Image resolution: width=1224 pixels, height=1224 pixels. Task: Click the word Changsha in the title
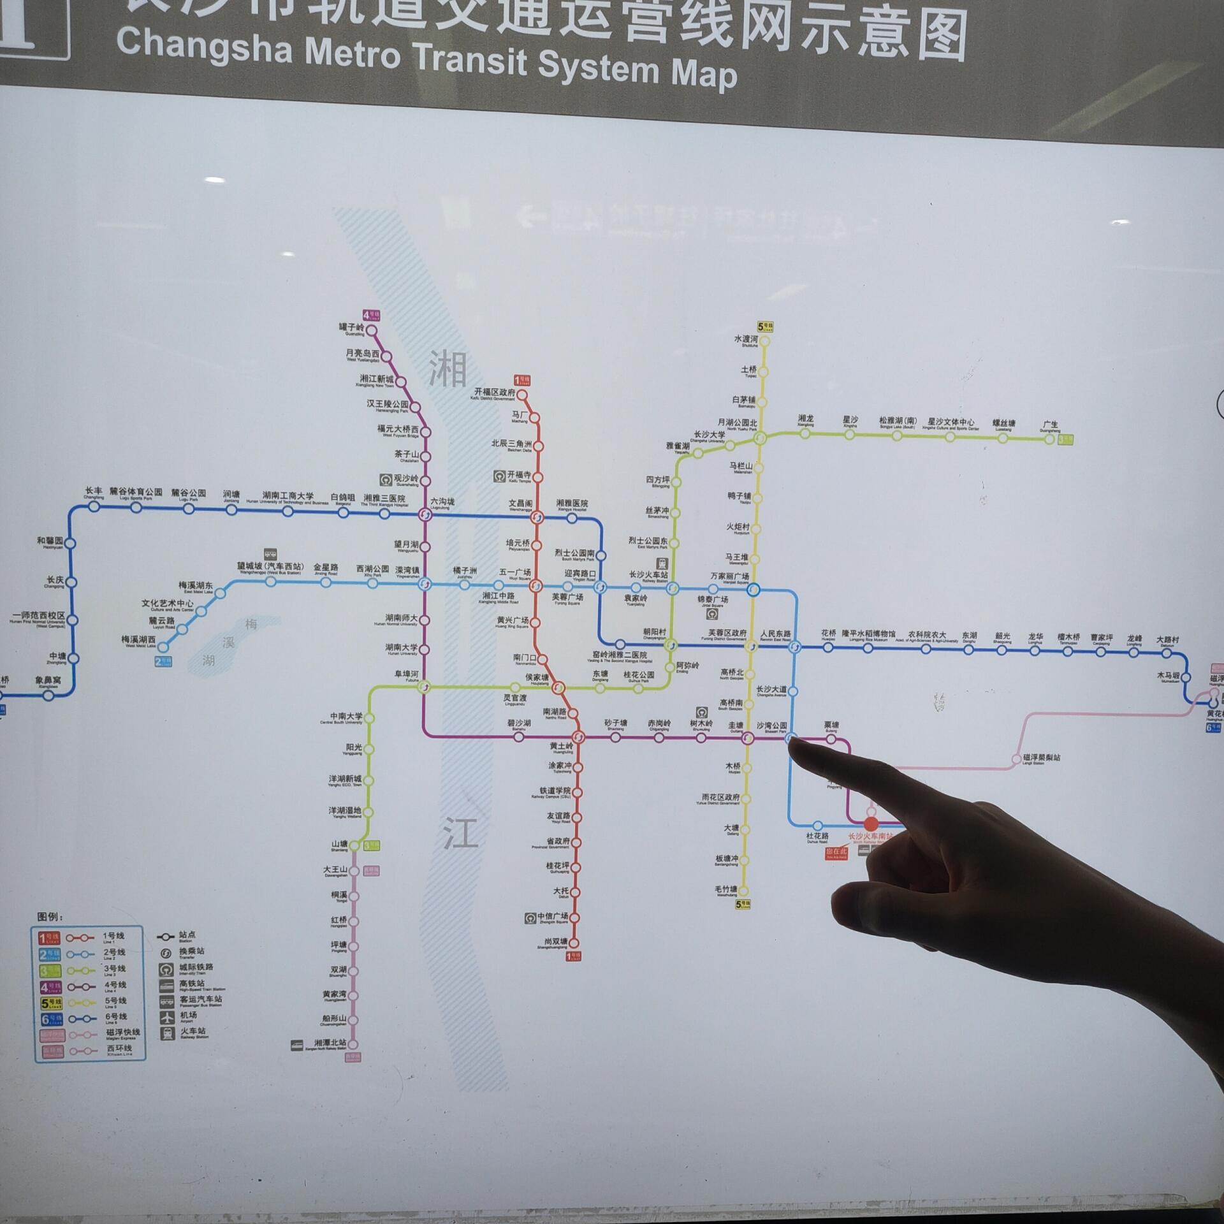point(204,46)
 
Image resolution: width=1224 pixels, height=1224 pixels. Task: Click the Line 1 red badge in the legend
point(50,938)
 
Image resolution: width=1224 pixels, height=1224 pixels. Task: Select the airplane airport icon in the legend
point(167,1017)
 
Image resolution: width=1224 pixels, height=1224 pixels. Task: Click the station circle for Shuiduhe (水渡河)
point(764,341)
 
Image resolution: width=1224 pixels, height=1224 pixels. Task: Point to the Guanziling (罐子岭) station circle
point(371,330)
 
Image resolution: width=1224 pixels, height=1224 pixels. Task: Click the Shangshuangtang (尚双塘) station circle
point(573,943)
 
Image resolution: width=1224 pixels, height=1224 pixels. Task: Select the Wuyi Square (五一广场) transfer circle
point(536,585)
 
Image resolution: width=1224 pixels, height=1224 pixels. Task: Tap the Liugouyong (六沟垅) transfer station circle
point(425,514)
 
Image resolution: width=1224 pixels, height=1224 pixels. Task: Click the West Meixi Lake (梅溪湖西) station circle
point(163,647)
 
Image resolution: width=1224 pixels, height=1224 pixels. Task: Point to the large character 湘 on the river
point(448,369)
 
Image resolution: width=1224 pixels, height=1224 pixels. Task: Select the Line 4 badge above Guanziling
point(371,315)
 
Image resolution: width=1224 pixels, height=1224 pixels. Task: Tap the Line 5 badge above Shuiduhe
point(764,327)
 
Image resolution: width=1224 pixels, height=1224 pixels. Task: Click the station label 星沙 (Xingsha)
point(850,420)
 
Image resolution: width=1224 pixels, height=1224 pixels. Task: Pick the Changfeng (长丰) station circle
point(94,507)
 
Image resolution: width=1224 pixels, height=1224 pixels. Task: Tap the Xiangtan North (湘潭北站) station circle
point(353,1044)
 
